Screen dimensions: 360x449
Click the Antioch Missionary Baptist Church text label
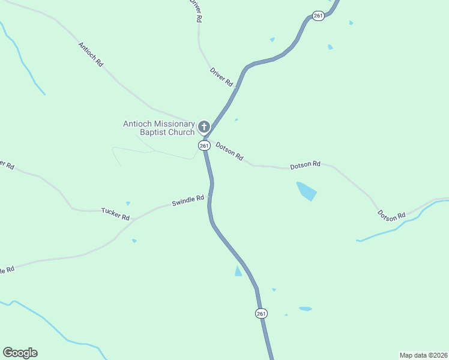tap(158, 128)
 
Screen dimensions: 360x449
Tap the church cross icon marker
tap(204, 127)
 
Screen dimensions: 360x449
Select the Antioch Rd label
tap(91, 54)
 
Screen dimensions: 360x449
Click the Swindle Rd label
tap(188, 201)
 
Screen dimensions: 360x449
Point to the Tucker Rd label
tap(115, 213)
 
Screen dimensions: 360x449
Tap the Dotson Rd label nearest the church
tap(229, 151)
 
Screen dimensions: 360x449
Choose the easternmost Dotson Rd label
tap(391, 215)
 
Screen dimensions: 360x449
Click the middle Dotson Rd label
tap(306, 164)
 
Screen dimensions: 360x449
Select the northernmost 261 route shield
tap(319, 16)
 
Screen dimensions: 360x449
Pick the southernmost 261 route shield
tap(261, 314)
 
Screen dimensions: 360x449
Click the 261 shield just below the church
tap(204, 146)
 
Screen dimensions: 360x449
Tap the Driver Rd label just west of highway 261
tap(221, 77)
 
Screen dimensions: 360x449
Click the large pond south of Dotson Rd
tap(306, 191)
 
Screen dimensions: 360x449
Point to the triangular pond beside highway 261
tap(238, 271)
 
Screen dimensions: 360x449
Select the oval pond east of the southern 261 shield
tap(306, 309)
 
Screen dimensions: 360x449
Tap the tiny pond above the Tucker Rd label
tap(128, 203)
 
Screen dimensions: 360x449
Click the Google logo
tap(20, 353)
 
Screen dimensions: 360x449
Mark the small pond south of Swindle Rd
tap(134, 241)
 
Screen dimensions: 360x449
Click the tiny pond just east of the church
tap(237, 119)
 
